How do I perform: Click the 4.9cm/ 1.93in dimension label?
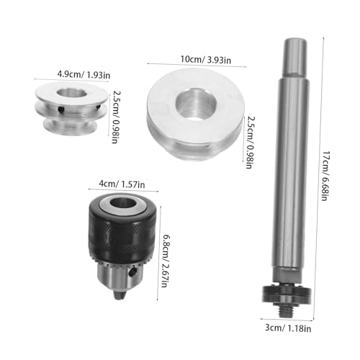pos(84,75)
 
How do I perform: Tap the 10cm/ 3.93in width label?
pos(206,60)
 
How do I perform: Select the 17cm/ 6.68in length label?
pos(325,176)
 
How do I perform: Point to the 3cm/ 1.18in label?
pos(288,328)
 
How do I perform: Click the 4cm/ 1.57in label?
pos(122,184)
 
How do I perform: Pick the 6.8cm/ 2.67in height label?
pos(165,261)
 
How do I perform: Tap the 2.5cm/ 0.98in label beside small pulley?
pos(115,117)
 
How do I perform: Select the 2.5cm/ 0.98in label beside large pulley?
pos(250,143)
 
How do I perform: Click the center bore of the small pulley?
pos(72,93)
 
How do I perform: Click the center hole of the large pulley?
pos(196,104)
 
